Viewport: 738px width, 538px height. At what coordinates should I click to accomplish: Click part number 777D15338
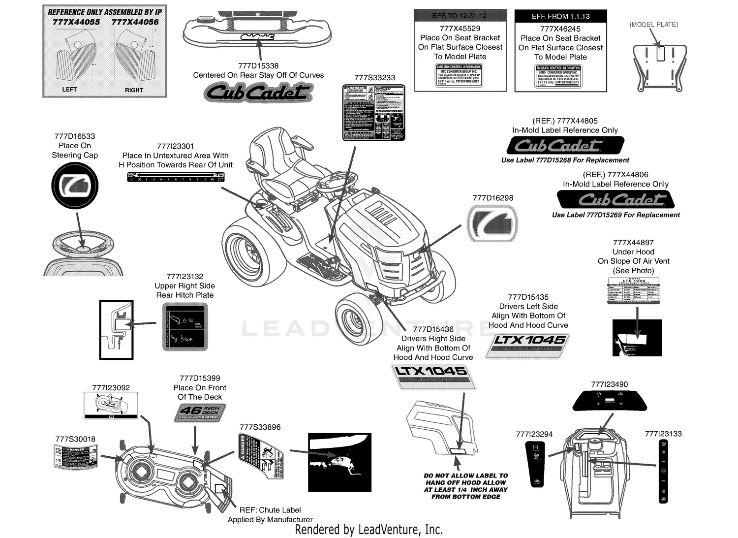[x=258, y=65]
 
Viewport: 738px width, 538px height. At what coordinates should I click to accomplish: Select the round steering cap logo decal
[x=75, y=185]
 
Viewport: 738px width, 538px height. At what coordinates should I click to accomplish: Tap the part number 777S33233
[x=374, y=78]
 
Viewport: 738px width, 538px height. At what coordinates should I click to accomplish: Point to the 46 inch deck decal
[x=200, y=412]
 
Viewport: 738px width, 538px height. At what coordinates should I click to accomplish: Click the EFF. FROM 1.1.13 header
[x=560, y=16]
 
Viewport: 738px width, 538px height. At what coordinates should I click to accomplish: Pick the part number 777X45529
[x=460, y=29]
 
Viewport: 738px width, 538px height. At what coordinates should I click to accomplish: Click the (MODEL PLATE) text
[x=653, y=25]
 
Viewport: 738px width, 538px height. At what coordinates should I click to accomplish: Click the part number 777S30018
[x=75, y=439]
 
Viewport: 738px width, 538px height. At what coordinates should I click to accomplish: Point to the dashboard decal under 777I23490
[x=609, y=401]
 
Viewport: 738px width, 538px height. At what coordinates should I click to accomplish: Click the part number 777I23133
[x=663, y=434]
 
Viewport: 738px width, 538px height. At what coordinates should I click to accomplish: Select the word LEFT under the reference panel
[x=69, y=90]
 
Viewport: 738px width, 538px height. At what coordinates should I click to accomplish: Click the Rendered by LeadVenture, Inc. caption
[x=369, y=530]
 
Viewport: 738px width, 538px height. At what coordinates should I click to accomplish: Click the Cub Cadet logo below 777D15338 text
[x=258, y=93]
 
